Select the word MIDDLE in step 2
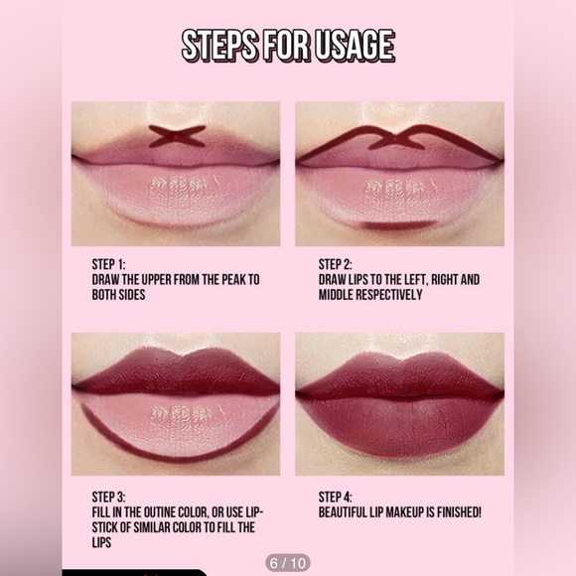[344, 295]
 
